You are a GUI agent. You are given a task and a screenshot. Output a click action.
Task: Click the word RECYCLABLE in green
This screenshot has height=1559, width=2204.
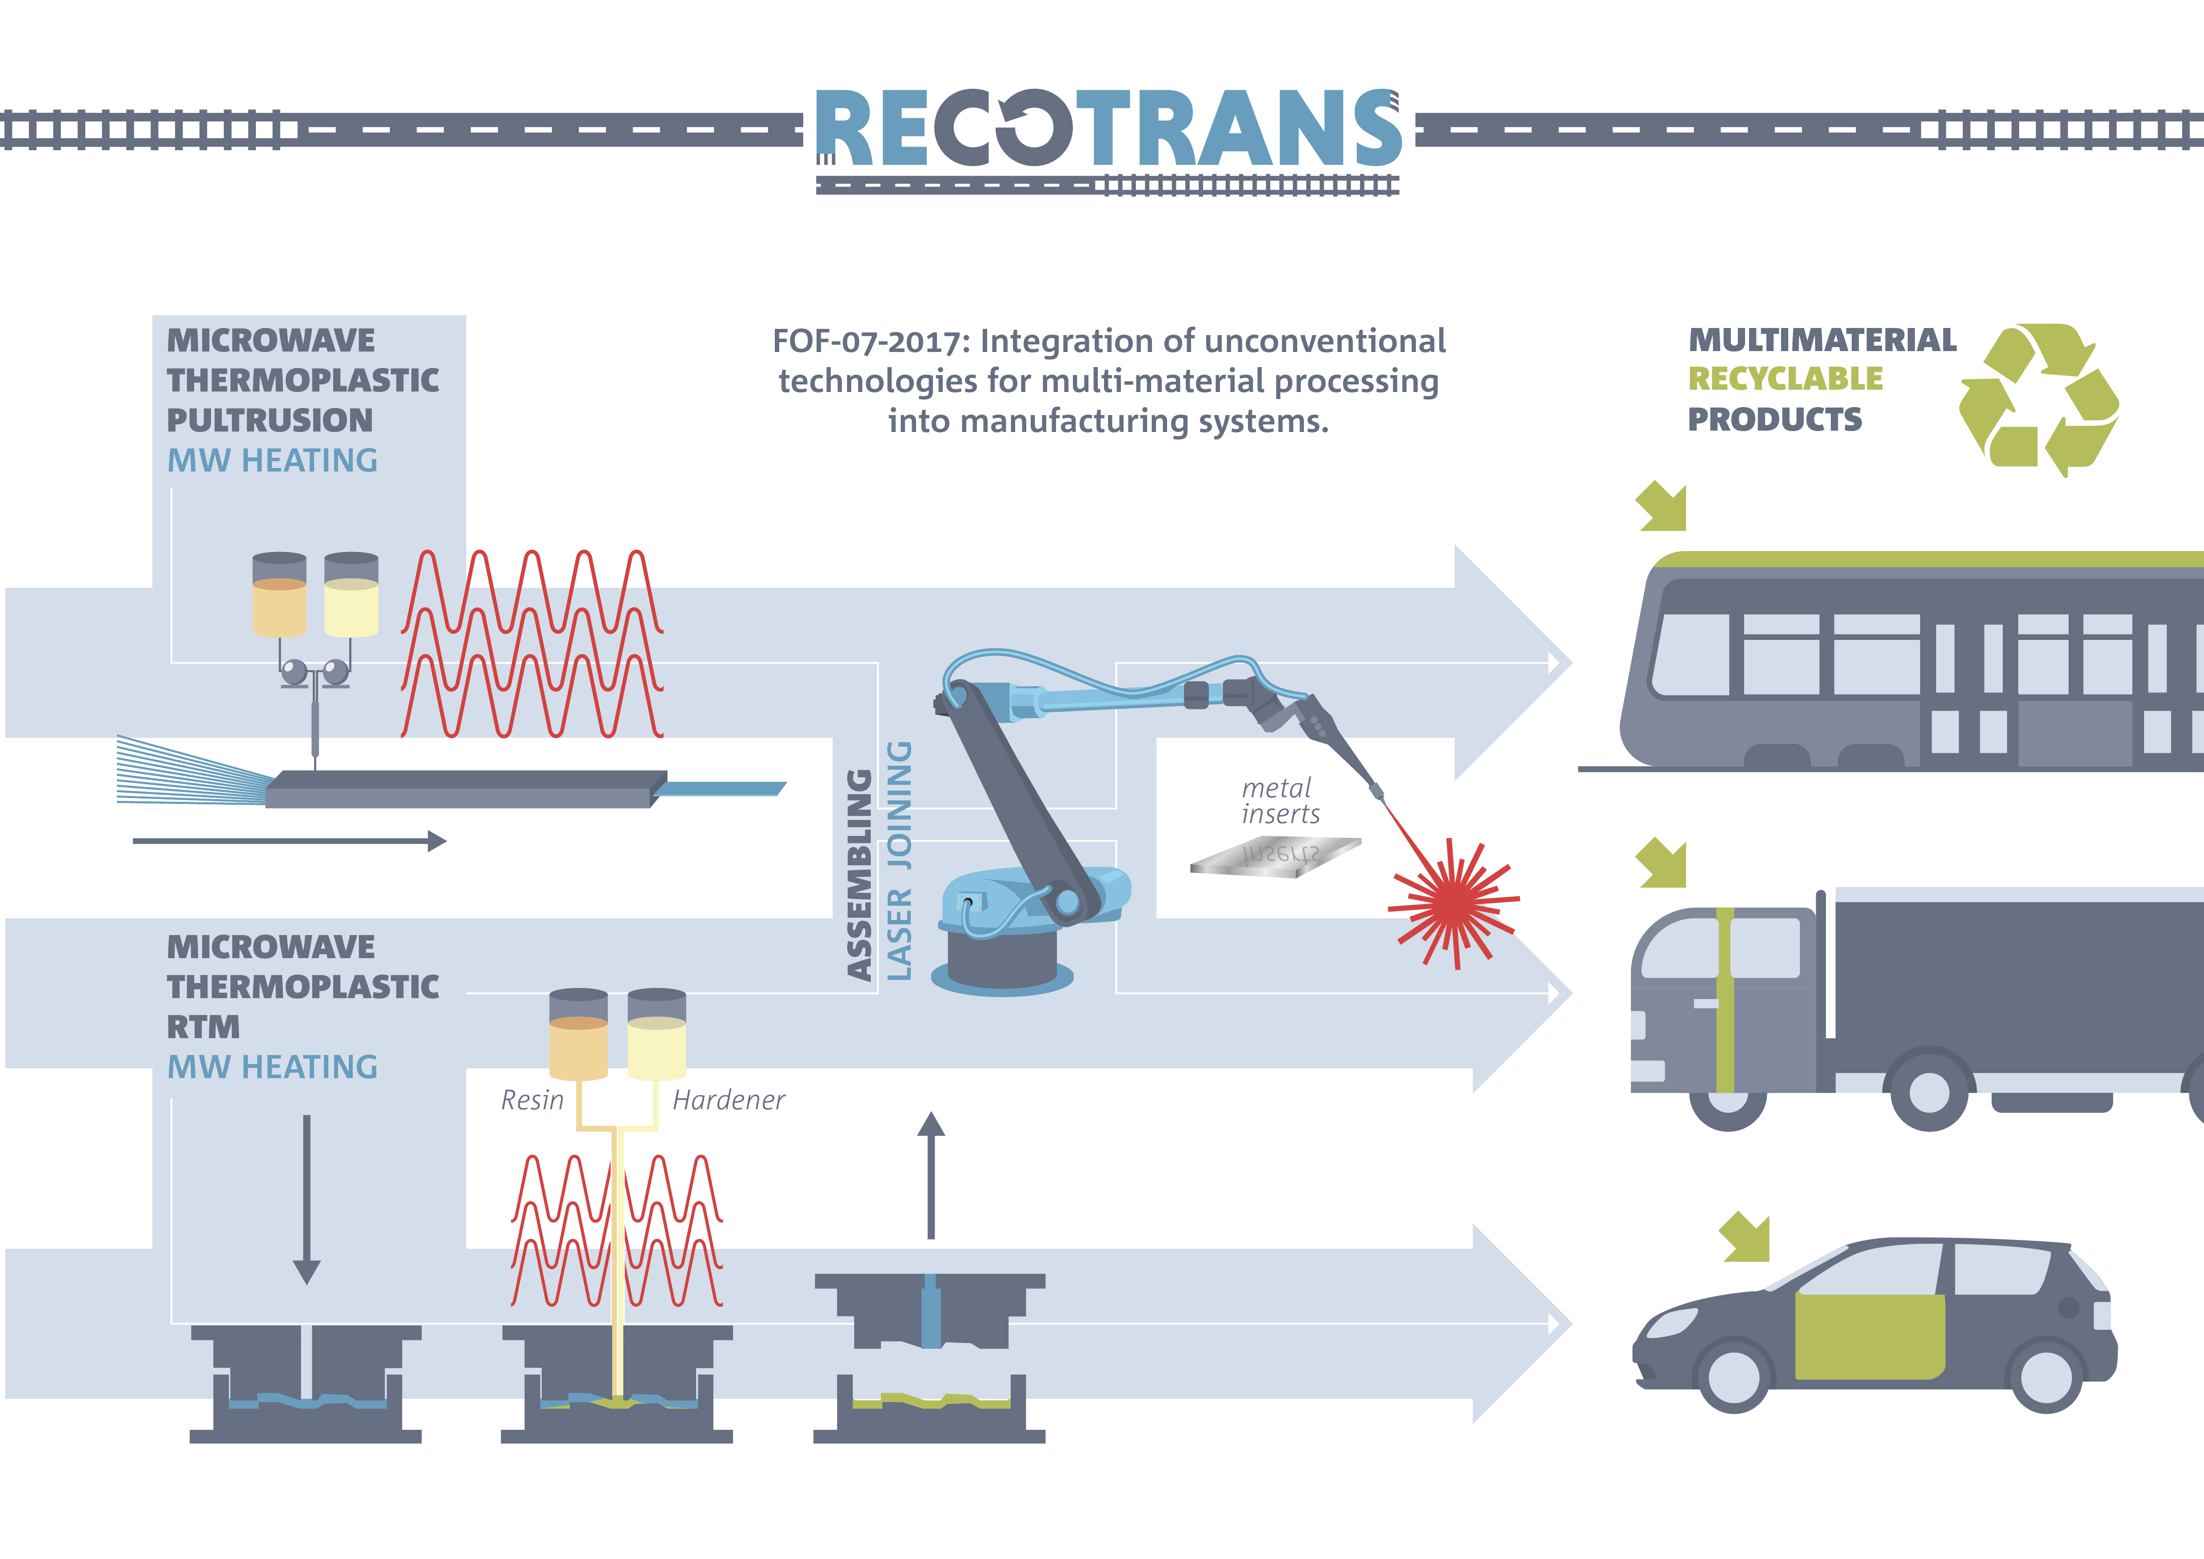(1786, 379)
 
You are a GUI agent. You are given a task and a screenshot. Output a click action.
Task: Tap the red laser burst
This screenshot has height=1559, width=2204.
(1453, 902)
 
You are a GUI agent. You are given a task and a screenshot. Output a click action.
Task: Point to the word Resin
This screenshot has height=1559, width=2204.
(533, 1100)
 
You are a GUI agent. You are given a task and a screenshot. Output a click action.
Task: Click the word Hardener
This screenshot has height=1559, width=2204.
(729, 1100)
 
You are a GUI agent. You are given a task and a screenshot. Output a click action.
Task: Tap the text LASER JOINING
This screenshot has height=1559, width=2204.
(898, 860)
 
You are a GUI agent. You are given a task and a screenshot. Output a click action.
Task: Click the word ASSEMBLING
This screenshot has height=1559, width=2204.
(859, 875)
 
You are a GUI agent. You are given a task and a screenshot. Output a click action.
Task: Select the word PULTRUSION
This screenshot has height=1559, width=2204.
(270, 420)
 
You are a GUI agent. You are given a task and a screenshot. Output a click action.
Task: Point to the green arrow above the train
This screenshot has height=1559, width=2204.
(1661, 506)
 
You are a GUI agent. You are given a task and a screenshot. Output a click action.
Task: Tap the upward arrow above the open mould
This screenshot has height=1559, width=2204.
(930, 1175)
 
